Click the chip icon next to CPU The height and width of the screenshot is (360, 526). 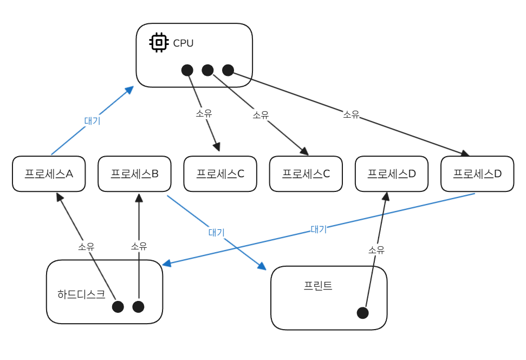(x=158, y=42)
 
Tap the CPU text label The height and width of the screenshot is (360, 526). (x=183, y=43)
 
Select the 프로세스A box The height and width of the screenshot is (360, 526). (x=49, y=174)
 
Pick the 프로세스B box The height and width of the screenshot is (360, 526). (x=134, y=174)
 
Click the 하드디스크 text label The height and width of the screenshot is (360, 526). (x=81, y=294)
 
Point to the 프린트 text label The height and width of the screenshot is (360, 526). (x=318, y=286)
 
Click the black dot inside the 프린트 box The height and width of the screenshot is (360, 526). (x=363, y=313)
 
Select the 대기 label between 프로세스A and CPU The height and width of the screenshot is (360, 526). (x=92, y=121)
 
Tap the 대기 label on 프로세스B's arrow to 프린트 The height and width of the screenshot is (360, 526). (x=216, y=232)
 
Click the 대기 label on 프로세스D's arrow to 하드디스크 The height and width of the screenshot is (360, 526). (x=319, y=229)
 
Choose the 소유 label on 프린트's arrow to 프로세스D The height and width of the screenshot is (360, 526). (x=376, y=250)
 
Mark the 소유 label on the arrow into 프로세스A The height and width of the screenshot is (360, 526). (x=86, y=246)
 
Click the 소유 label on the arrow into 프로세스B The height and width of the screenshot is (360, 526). (x=139, y=246)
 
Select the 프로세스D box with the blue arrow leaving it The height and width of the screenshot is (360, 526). (x=477, y=174)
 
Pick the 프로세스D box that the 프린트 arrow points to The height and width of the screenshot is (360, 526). (x=392, y=174)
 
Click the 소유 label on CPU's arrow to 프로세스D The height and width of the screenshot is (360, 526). (x=351, y=114)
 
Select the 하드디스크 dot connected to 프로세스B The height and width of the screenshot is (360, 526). (x=138, y=307)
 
